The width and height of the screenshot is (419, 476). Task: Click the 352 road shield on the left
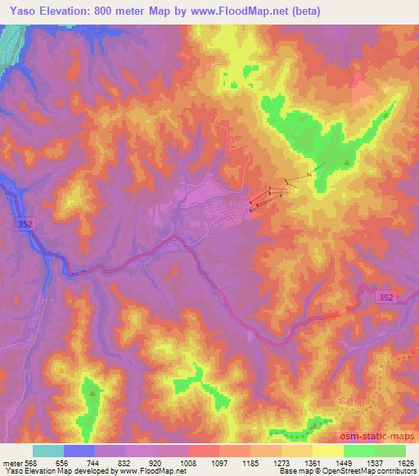[x=25, y=222]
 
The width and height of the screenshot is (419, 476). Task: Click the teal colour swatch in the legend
[x=48, y=451]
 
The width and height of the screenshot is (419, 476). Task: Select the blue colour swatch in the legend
[x=79, y=451]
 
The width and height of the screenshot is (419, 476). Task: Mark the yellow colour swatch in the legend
[x=328, y=451]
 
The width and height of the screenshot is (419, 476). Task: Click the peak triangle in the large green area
[x=348, y=163]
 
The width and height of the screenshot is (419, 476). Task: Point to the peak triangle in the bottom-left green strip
[x=92, y=393]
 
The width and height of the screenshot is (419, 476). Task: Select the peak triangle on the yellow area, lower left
[x=62, y=370]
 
